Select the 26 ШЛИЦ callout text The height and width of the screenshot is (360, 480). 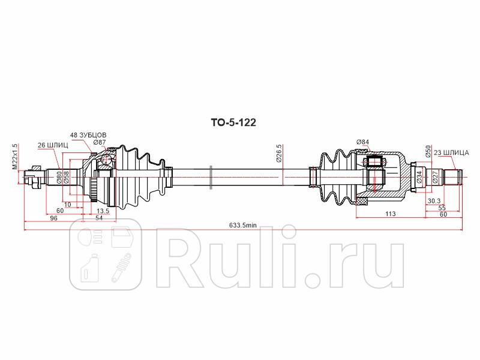point(53,145)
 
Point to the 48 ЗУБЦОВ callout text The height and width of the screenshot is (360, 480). point(88,135)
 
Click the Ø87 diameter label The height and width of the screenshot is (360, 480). point(99,142)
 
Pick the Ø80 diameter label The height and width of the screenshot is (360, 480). point(59,177)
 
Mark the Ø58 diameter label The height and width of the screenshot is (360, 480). point(67,177)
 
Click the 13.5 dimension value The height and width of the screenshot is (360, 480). point(103,211)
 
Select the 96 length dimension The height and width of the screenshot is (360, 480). point(53,219)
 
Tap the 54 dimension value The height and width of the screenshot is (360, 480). point(100,219)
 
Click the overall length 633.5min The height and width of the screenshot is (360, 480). point(243,226)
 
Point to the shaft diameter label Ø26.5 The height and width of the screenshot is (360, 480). point(279,154)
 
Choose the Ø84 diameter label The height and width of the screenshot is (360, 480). point(362,142)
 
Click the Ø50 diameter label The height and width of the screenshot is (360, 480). point(428,152)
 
